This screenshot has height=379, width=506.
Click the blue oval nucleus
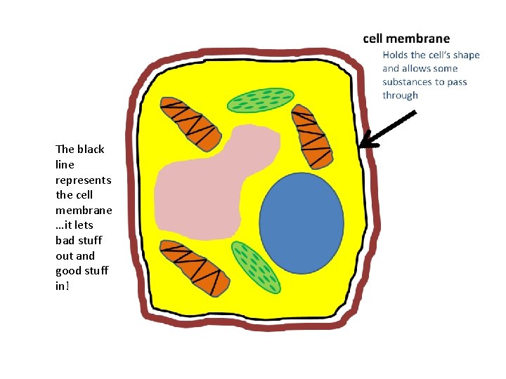(x=301, y=222)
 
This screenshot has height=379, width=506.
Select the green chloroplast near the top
(x=260, y=100)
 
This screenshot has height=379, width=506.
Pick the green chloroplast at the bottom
(x=256, y=267)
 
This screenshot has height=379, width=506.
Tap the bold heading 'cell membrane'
(x=406, y=39)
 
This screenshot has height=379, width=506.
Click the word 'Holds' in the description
(x=395, y=55)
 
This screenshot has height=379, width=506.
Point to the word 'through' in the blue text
(x=400, y=95)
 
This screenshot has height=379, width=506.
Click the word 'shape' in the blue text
(x=466, y=55)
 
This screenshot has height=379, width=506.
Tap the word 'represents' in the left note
(x=83, y=180)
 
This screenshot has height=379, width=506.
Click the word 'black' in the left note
(x=91, y=149)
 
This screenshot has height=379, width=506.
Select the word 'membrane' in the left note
(x=84, y=210)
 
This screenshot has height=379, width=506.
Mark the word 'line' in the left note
(x=65, y=164)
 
